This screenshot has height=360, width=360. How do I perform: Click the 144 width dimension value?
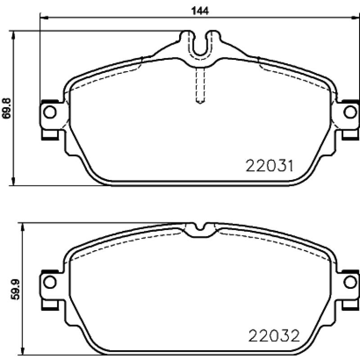200,10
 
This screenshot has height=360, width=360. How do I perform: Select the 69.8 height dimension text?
6,108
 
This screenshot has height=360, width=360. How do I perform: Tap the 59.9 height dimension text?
15,289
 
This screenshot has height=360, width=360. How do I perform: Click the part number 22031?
270,166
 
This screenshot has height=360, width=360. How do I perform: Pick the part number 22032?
274,335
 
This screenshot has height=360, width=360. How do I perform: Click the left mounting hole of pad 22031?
50,112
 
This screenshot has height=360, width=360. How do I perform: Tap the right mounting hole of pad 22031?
350,112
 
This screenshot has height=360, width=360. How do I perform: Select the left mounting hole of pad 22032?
50,282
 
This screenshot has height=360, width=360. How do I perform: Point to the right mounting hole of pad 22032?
350,282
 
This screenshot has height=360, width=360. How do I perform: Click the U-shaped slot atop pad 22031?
200,54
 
